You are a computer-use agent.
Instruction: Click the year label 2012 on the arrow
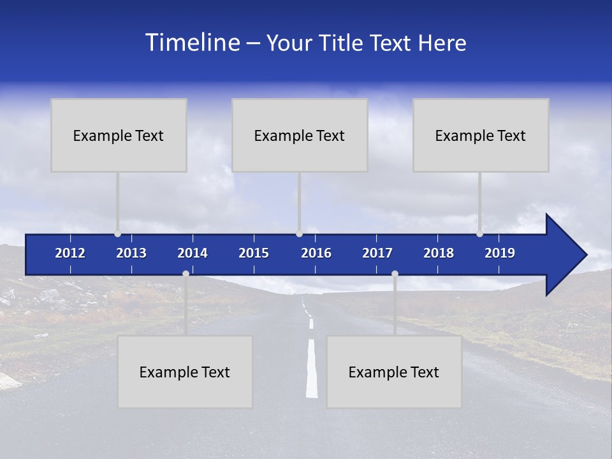point(70,253)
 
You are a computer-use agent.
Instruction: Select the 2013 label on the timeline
point(131,253)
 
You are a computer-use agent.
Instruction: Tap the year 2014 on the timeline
point(193,253)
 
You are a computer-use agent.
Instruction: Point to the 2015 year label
point(254,253)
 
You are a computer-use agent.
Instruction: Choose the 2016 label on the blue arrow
point(316,253)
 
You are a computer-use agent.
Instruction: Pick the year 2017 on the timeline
point(377,253)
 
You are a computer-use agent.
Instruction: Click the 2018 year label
point(439,253)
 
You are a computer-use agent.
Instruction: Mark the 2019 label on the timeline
point(500,253)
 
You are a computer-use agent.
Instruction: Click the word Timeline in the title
point(192,42)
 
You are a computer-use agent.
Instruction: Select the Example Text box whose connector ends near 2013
point(119,135)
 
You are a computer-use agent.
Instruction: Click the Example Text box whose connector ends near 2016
point(300,135)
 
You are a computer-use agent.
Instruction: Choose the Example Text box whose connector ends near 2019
point(481,135)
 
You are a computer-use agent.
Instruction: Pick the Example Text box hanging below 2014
point(185,372)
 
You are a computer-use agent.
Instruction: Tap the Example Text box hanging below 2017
point(394,372)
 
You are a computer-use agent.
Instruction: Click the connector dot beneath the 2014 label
point(186,273)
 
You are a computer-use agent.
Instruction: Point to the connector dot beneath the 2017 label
point(395,273)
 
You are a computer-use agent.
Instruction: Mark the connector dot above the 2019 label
point(479,233)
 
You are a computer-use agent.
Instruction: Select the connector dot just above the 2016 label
point(299,233)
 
